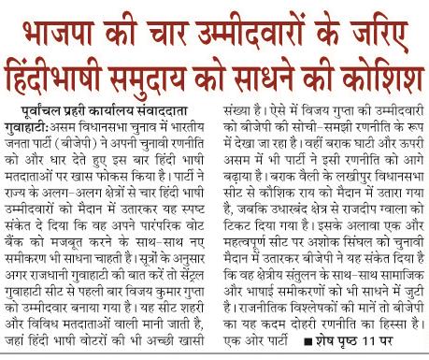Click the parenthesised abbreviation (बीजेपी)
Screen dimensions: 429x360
point(93,145)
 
